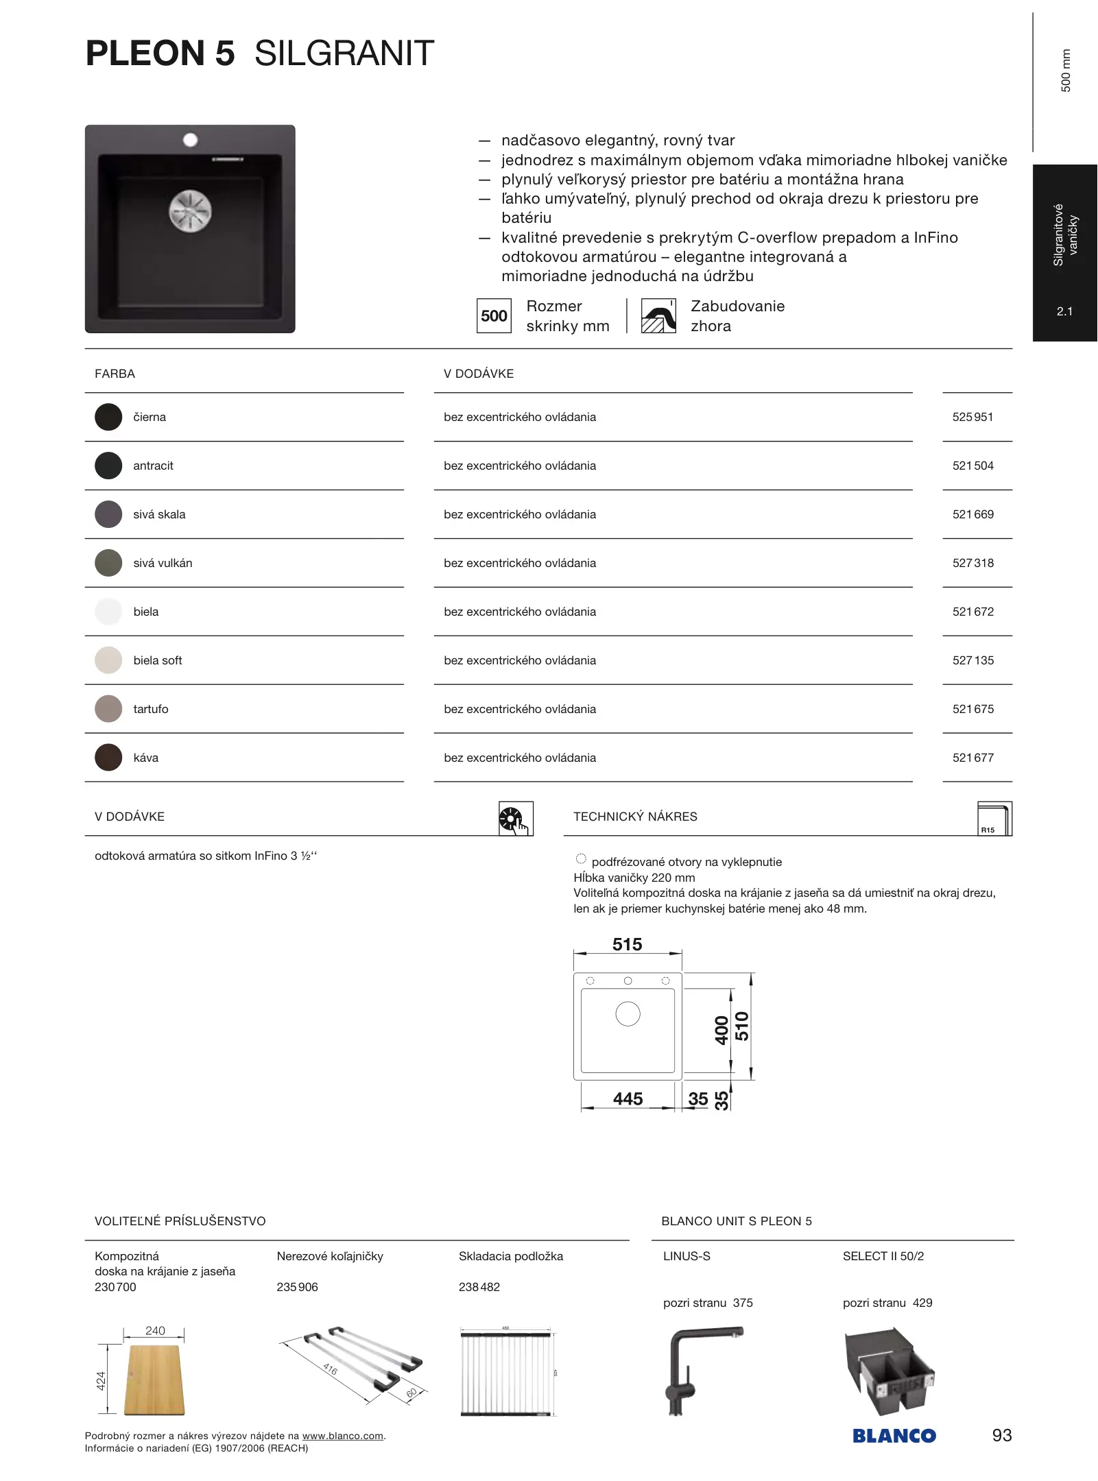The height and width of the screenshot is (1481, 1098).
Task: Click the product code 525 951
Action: tap(972, 417)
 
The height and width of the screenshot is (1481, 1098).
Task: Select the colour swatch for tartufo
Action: tap(108, 709)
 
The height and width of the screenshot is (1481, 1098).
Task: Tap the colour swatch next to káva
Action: tap(108, 758)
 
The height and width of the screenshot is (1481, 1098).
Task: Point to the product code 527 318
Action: tap(972, 563)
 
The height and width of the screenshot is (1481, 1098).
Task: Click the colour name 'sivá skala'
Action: tap(159, 514)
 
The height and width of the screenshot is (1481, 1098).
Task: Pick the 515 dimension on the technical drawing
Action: tap(627, 944)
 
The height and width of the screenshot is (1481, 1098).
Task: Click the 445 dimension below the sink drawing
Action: tap(628, 1098)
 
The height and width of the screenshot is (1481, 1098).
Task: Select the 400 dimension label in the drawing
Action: tap(721, 1030)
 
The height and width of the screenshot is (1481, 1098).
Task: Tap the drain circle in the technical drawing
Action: tap(628, 1013)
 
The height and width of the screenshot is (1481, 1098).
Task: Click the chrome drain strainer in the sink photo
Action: tap(190, 210)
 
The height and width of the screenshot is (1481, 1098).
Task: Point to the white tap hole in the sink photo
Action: tap(190, 140)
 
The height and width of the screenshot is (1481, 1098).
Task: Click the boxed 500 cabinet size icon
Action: tap(494, 316)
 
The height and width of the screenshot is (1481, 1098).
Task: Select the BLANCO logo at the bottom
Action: tap(894, 1435)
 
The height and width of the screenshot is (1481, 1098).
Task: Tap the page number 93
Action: tap(1001, 1435)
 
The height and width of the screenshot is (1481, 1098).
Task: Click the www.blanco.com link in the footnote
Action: tap(342, 1436)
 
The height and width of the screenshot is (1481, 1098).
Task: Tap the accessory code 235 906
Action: tap(297, 1287)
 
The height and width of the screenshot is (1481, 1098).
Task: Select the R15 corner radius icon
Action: tap(994, 818)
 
